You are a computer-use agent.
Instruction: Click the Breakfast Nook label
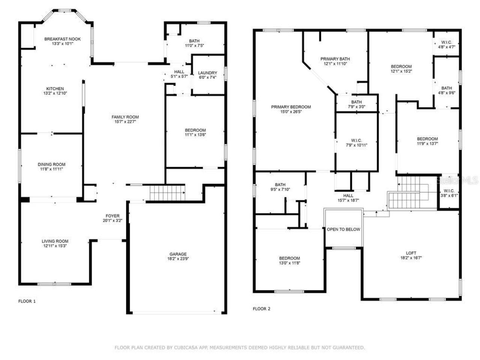click(x=62, y=39)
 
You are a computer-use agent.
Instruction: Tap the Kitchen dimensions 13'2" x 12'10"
click(x=55, y=93)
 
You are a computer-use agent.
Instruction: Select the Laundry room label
click(x=207, y=73)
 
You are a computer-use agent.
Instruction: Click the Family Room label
click(x=125, y=117)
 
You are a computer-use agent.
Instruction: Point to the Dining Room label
click(x=51, y=164)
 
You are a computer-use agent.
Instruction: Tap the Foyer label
click(x=112, y=216)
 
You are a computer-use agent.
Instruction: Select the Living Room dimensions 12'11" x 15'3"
click(x=55, y=246)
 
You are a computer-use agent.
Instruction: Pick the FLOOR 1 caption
click(x=27, y=301)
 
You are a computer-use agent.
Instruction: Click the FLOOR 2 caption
click(x=261, y=309)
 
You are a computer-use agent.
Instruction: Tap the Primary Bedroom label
click(x=291, y=107)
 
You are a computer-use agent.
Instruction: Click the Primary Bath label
click(x=335, y=59)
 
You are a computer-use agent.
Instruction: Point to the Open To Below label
click(x=343, y=229)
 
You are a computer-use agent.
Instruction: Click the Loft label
click(x=411, y=253)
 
